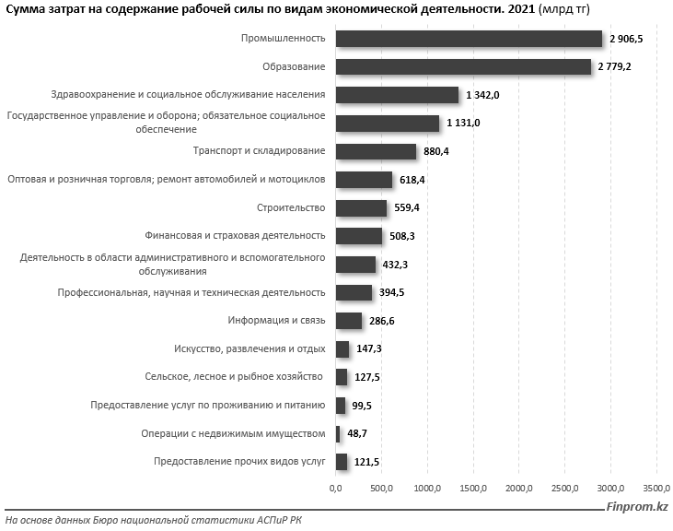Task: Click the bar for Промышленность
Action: coord(469,38)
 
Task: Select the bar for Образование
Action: coord(463,66)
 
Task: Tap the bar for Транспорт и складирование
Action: coord(376,151)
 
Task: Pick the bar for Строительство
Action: coord(361,207)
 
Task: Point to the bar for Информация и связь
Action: coord(349,321)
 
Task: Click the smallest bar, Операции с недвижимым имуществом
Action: coord(338,433)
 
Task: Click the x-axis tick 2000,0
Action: coord(519,489)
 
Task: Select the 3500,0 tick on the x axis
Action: coord(656,489)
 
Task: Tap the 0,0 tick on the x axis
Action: coord(336,489)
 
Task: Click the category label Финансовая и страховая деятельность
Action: coord(236,236)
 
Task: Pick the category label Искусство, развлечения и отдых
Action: coord(249,348)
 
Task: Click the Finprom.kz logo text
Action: coord(637,507)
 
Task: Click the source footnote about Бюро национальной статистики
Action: coord(153,521)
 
